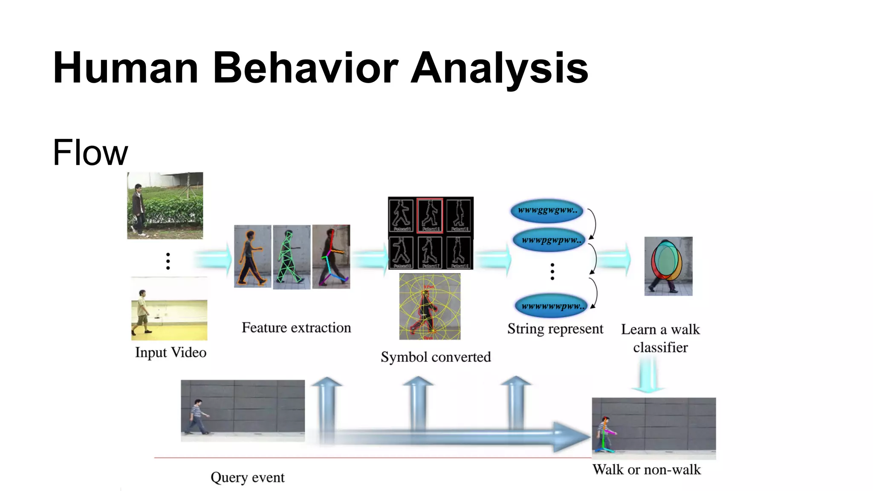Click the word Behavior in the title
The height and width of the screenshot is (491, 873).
coord(305,68)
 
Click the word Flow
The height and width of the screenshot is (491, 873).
coord(90,153)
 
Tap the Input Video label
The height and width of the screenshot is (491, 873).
coord(171,352)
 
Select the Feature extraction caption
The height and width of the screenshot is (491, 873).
coord(296,328)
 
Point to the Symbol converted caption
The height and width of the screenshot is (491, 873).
coord(436,357)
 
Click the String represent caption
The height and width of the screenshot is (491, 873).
coord(555,329)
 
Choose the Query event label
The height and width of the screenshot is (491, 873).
coord(247,477)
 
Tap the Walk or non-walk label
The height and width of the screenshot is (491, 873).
coord(646,470)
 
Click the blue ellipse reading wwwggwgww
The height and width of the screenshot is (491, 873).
coord(547,211)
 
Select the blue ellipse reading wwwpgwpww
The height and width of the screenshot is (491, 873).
coord(550,240)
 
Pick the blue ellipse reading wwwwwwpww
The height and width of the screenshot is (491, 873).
coord(551,306)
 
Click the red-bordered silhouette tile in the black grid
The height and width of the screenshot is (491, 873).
coord(430,215)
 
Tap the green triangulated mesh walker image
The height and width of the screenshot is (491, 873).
coord(291,257)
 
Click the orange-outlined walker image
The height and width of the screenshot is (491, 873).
coord(252,257)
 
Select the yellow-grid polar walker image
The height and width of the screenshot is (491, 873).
coord(430,307)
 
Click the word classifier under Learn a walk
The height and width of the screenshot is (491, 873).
coord(660,347)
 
